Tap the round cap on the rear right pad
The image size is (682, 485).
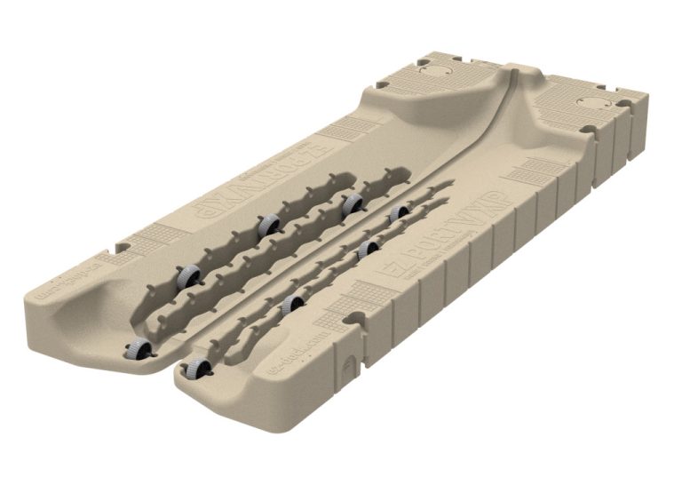pyautogui.click(x=590, y=103)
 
